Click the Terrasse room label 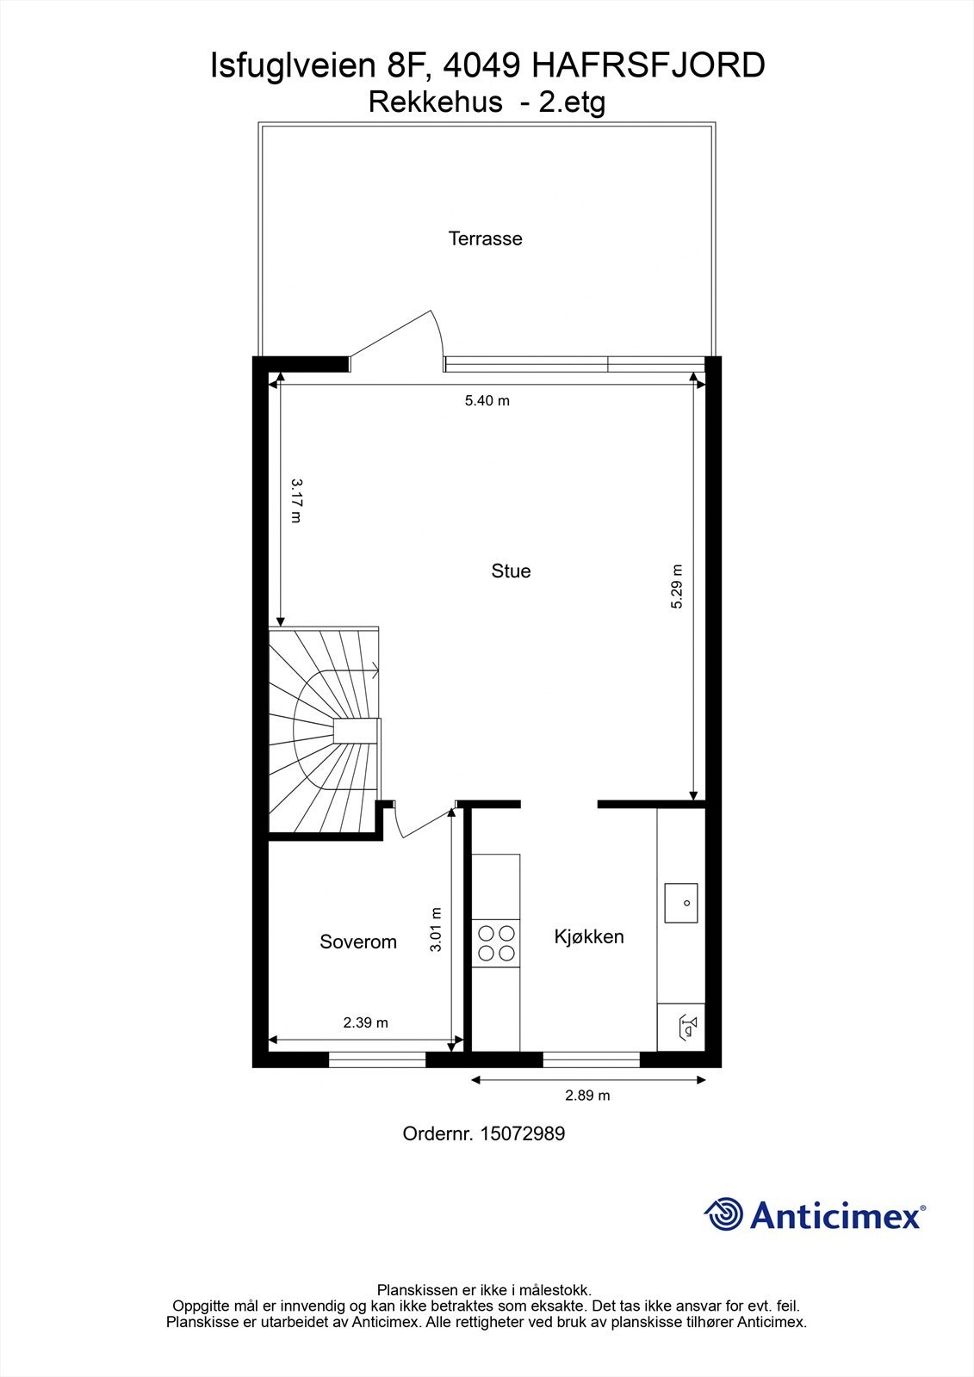click(485, 238)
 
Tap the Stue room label click(511, 571)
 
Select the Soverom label click(358, 942)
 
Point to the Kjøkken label click(589, 936)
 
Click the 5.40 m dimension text click(487, 400)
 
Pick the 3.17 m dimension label click(296, 502)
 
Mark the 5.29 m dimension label click(677, 587)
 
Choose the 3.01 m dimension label click(436, 929)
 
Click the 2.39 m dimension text click(365, 1022)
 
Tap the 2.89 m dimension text click(587, 1096)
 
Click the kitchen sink click(680, 903)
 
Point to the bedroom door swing click(418, 820)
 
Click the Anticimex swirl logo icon click(723, 1214)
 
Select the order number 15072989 click(521, 1133)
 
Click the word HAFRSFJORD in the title click(648, 65)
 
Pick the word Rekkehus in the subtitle click(435, 102)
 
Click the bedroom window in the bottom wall click(377, 1059)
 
